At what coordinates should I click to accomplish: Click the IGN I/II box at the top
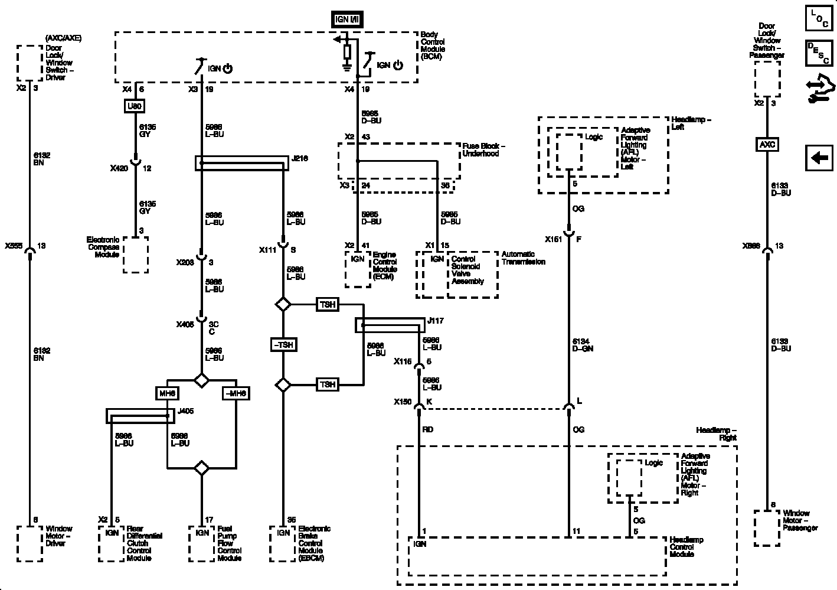(x=347, y=19)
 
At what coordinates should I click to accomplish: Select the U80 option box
(x=135, y=106)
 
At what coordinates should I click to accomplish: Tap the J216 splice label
(x=299, y=159)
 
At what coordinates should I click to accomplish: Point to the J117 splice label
(x=436, y=321)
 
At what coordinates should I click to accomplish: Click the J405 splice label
(x=185, y=411)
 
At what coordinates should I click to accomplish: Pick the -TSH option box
(x=283, y=345)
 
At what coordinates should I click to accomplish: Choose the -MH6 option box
(x=236, y=393)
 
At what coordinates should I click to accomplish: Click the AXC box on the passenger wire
(x=767, y=145)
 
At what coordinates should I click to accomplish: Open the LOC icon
(x=819, y=19)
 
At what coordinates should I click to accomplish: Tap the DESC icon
(x=819, y=53)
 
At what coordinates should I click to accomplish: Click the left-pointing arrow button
(x=819, y=158)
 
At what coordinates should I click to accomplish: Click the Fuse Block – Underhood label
(x=483, y=149)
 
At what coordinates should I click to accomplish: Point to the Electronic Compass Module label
(x=103, y=247)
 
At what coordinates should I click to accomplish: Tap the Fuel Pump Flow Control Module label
(x=230, y=543)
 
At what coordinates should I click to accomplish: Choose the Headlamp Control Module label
(x=686, y=547)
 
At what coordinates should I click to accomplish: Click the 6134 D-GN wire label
(x=583, y=345)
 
